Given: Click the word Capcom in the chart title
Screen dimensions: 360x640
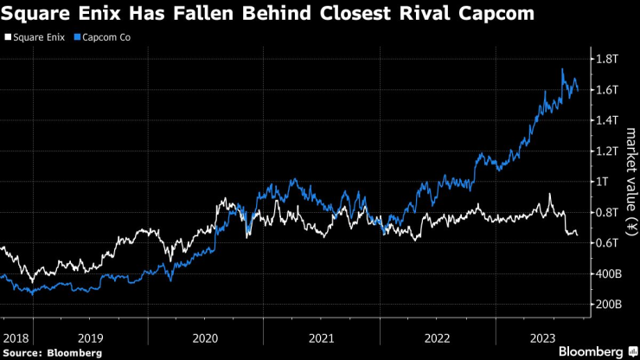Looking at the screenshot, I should click(490, 14).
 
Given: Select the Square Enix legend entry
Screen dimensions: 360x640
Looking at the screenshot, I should click(35, 38).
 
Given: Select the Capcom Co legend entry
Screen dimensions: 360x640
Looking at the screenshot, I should click(106, 38).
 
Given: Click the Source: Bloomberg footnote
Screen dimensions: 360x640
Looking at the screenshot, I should click(53, 352).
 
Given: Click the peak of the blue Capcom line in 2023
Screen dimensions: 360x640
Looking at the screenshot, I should click(563, 69).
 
